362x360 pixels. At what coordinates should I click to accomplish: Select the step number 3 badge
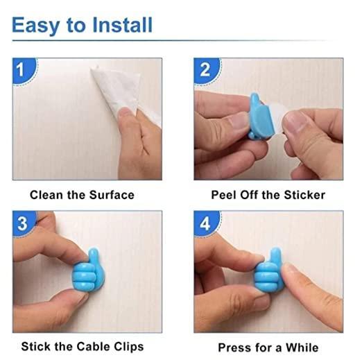pyautogui.click(x=23, y=224)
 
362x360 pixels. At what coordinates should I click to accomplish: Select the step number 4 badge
pyautogui.click(x=205, y=224)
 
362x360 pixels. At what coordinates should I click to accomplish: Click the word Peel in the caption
pyautogui.click(x=224, y=195)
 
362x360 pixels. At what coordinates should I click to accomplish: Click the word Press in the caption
pyautogui.click(x=234, y=347)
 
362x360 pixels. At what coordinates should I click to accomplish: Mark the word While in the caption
pyautogui.click(x=302, y=347)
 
